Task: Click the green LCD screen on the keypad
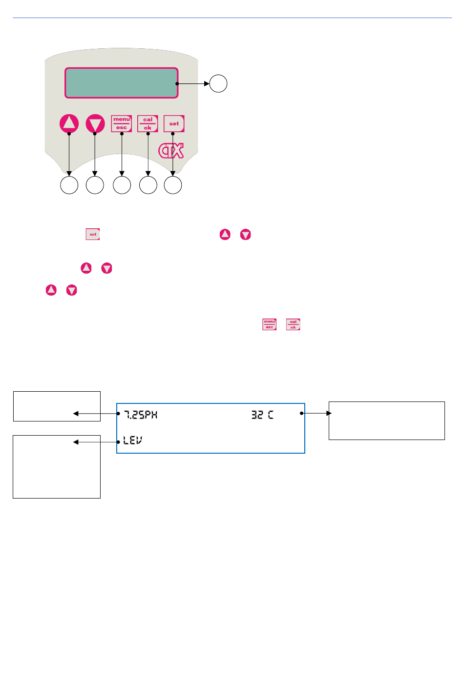pyautogui.click(x=121, y=83)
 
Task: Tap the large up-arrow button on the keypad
pyautogui.click(x=69, y=123)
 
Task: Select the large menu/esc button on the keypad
pyautogui.click(x=121, y=123)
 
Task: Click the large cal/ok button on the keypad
pyautogui.click(x=148, y=123)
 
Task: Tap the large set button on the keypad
pyautogui.click(x=174, y=123)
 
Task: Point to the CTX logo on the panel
pyautogui.click(x=171, y=151)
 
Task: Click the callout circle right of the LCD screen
pyautogui.click(x=218, y=83)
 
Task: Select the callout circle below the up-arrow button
pyautogui.click(x=69, y=185)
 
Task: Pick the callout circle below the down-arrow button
pyautogui.click(x=95, y=185)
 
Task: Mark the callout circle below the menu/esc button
pyautogui.click(x=122, y=185)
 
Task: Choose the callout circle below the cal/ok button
pyautogui.click(x=148, y=185)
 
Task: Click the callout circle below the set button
pyautogui.click(x=173, y=185)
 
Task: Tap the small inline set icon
pyautogui.click(x=93, y=234)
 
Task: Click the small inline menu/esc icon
pyautogui.click(x=270, y=324)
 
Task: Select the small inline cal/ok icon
pyautogui.click(x=293, y=324)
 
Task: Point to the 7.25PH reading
pyautogui.click(x=141, y=415)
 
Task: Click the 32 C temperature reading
pyautogui.click(x=262, y=415)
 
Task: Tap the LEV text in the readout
pyautogui.click(x=133, y=441)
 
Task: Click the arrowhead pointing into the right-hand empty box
pyautogui.click(x=329, y=413)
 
